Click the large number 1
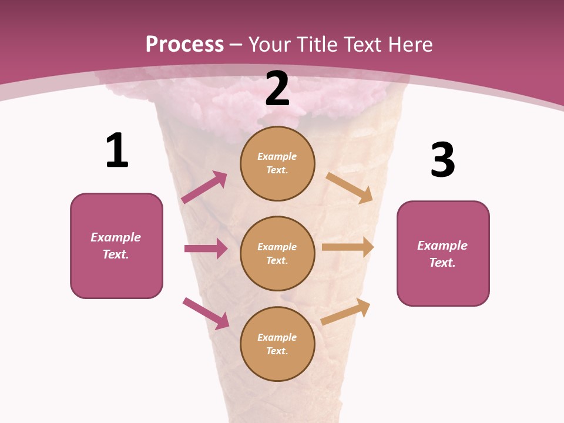click(x=117, y=151)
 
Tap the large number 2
click(x=277, y=89)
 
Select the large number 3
click(x=442, y=160)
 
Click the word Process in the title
click(x=184, y=44)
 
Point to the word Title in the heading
click(x=317, y=44)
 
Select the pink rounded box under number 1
click(x=116, y=246)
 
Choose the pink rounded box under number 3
click(x=443, y=254)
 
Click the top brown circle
click(x=277, y=163)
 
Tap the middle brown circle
click(x=277, y=253)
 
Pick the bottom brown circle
click(x=277, y=344)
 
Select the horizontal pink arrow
click(x=206, y=249)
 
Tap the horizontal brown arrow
click(x=348, y=247)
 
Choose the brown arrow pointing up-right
click(x=346, y=312)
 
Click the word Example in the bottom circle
click(x=277, y=337)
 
